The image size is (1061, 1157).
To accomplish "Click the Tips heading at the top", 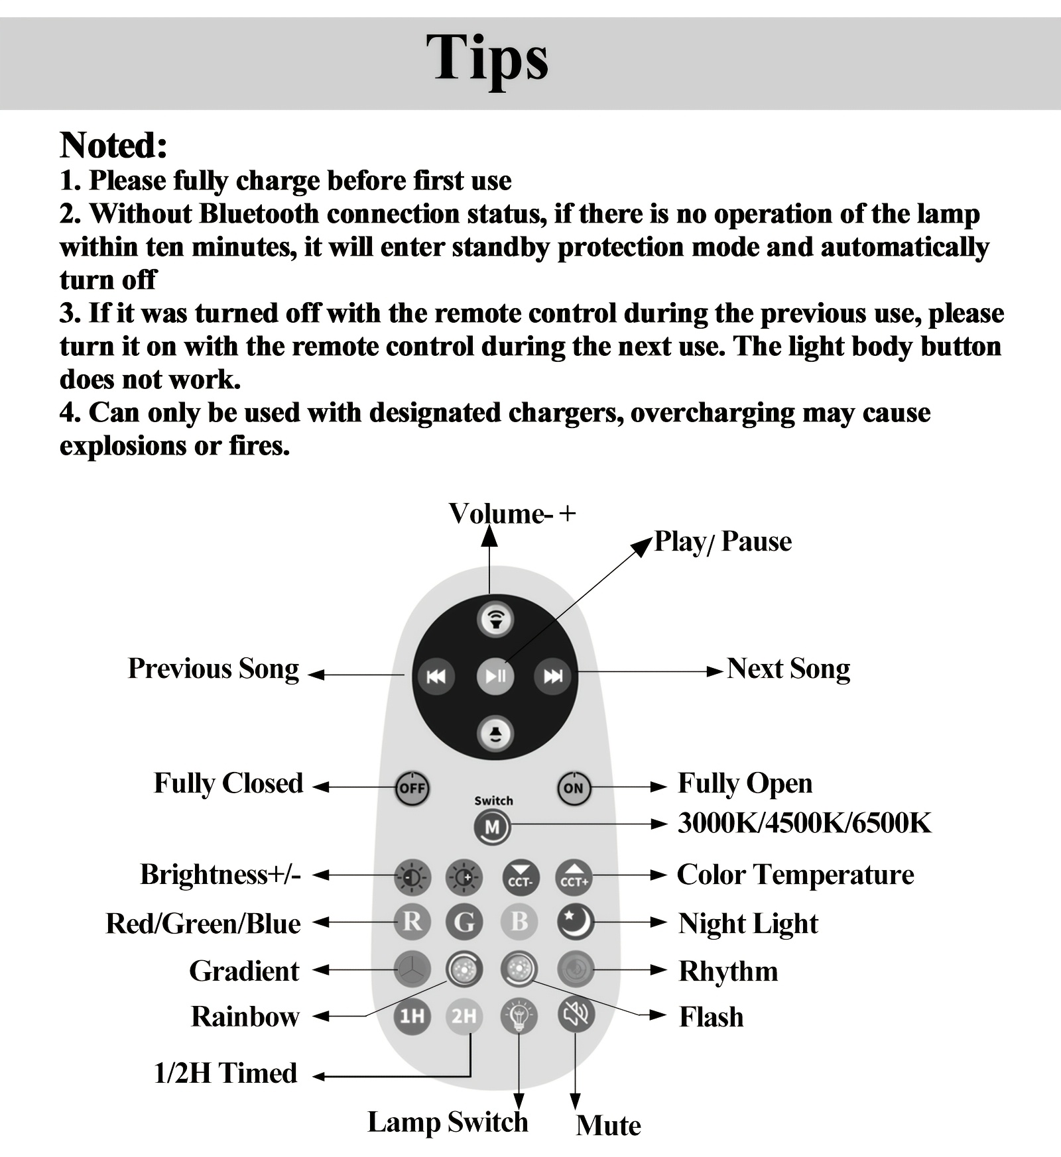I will (487, 58).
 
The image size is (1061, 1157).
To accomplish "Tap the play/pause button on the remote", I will (495, 676).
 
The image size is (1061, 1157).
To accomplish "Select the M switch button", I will (492, 827).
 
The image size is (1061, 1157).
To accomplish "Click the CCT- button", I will (520, 877).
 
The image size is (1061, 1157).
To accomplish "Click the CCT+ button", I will (574, 877).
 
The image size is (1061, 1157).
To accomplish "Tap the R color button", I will (412, 922).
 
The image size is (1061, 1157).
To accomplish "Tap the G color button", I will (464, 922).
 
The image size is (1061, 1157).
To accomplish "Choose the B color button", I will (519, 922).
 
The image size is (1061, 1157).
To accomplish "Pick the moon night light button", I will (574, 922).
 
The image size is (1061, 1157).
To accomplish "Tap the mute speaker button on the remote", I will (575, 1015).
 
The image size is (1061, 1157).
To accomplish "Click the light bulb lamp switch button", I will (519, 1015).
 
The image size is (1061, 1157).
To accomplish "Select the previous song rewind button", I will (436, 676).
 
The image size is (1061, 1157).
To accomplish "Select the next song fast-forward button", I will (552, 676).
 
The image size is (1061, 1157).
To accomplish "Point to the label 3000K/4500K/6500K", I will (804, 824).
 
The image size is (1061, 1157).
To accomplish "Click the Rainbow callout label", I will (245, 1017).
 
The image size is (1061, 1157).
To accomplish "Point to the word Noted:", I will (113, 145).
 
